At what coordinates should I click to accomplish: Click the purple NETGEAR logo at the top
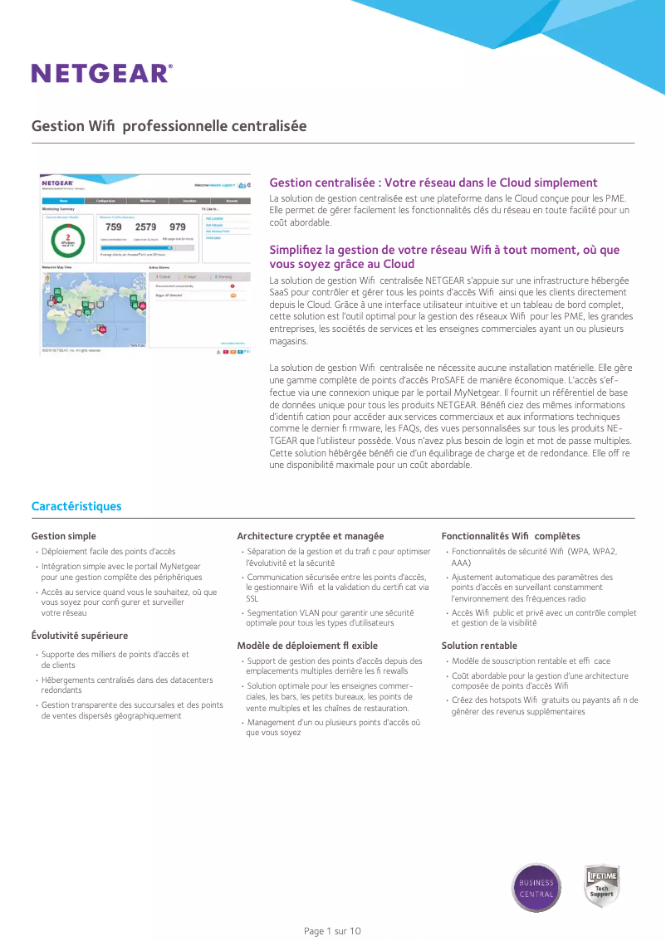(x=101, y=74)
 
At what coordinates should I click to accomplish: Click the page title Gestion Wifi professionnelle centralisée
(x=169, y=126)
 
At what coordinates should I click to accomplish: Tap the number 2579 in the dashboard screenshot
(x=145, y=227)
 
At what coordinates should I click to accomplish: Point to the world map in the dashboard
(x=93, y=308)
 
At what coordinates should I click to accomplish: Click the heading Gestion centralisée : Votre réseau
(x=433, y=183)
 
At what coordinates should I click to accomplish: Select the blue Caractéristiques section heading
(x=76, y=506)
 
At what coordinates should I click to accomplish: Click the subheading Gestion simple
(x=64, y=536)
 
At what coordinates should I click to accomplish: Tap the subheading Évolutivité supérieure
(x=80, y=636)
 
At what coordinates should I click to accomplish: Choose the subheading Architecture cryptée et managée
(x=310, y=536)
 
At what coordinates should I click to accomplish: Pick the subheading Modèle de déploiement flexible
(x=307, y=645)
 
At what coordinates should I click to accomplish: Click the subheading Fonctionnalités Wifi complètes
(x=510, y=536)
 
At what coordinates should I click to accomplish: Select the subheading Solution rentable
(x=479, y=645)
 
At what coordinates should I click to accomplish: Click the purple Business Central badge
(x=536, y=888)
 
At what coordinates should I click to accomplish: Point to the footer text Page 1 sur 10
(x=332, y=931)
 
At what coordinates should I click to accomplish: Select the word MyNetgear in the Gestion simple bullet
(x=179, y=567)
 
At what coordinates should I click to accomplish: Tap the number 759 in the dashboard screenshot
(x=113, y=227)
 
